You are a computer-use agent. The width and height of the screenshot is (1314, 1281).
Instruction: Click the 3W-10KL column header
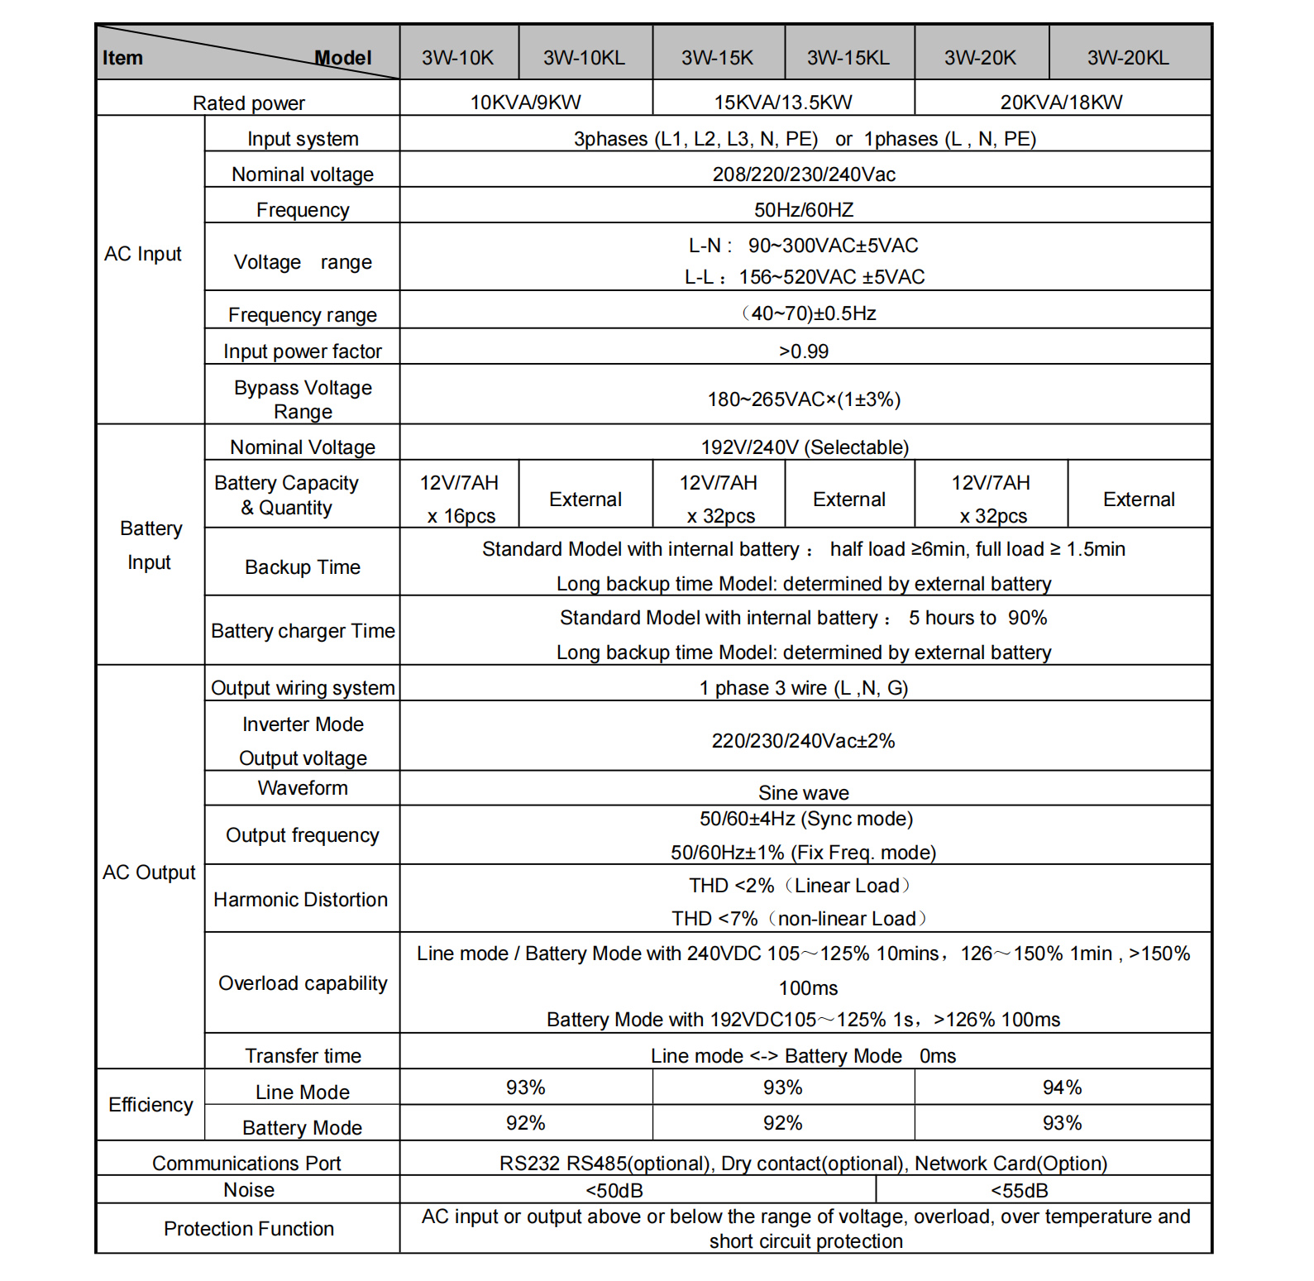point(584,58)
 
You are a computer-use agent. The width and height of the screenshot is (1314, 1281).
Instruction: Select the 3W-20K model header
point(980,58)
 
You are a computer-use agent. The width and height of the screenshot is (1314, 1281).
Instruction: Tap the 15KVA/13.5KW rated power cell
point(782,103)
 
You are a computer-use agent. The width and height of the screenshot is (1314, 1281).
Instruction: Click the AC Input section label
point(142,254)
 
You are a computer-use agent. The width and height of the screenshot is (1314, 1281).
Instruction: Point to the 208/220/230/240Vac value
point(804,174)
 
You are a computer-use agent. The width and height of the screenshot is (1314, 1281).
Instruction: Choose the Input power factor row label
point(302,351)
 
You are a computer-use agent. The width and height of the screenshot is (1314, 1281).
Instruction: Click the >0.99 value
point(804,351)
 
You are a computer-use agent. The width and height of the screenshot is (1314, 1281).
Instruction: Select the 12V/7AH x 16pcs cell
point(460,499)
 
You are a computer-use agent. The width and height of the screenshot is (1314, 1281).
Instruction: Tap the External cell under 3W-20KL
point(1138,499)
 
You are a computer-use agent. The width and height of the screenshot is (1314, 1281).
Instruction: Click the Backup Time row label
point(302,567)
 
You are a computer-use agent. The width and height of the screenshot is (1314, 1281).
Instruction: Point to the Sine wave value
point(804,793)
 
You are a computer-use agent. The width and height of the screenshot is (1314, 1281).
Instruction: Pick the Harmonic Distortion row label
point(300,900)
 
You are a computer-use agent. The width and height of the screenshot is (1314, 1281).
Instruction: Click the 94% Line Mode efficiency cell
point(1062,1087)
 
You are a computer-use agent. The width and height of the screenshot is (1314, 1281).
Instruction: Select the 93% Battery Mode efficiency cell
point(1062,1123)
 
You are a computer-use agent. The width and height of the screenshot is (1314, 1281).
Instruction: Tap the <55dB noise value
point(1019,1191)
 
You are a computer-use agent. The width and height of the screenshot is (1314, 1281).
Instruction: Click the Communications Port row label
point(246,1164)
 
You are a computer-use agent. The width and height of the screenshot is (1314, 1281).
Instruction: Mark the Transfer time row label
point(303,1056)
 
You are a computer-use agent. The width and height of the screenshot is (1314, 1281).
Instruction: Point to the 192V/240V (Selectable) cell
point(804,447)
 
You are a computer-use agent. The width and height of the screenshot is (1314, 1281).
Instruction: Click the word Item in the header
point(122,58)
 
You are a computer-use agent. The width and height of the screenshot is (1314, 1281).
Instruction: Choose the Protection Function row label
point(248,1229)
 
